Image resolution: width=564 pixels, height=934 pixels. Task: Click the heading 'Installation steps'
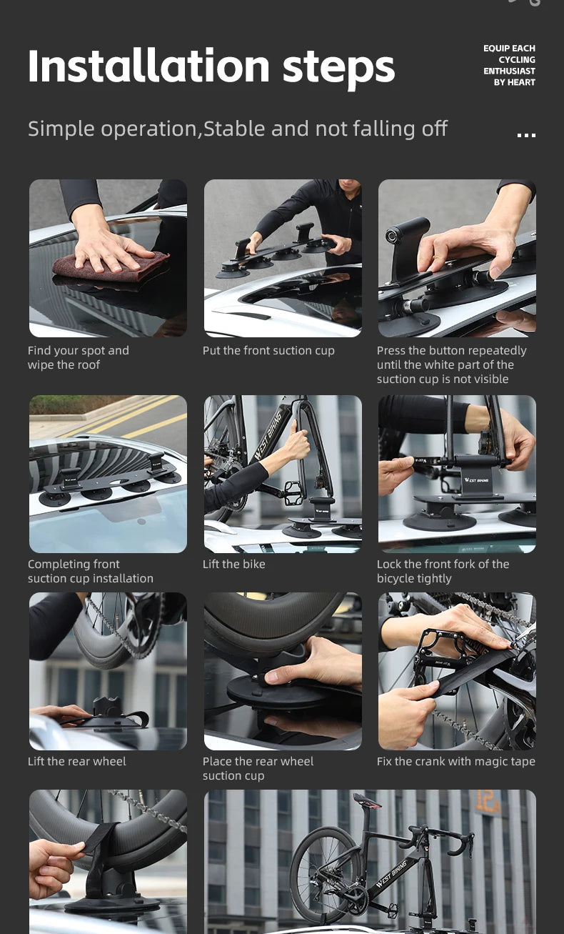coord(211,66)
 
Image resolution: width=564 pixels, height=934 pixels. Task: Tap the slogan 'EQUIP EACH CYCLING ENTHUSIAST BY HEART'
coord(509,66)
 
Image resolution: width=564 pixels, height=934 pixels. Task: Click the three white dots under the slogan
coord(526,135)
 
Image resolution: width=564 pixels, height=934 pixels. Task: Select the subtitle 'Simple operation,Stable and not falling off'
coord(238,129)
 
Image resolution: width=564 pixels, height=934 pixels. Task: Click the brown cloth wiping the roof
coord(111,266)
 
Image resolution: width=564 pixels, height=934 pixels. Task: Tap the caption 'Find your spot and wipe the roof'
coord(79,357)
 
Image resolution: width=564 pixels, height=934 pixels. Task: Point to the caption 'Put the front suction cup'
coord(268,351)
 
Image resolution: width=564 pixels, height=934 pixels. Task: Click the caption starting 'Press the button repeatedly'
coord(451,365)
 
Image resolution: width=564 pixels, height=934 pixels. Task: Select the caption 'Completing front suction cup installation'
coord(91,571)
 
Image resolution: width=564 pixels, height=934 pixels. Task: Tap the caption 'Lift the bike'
coord(233,564)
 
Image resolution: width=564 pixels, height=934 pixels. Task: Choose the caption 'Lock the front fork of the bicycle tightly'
coord(443,571)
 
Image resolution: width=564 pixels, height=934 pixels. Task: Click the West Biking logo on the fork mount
coord(476,480)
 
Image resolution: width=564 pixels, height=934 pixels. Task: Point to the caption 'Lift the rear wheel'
coord(76,761)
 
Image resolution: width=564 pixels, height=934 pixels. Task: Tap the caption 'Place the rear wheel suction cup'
coord(258,768)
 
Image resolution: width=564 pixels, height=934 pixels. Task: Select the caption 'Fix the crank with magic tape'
coord(455,761)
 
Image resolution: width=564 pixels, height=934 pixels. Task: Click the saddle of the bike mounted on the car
coord(367,801)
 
